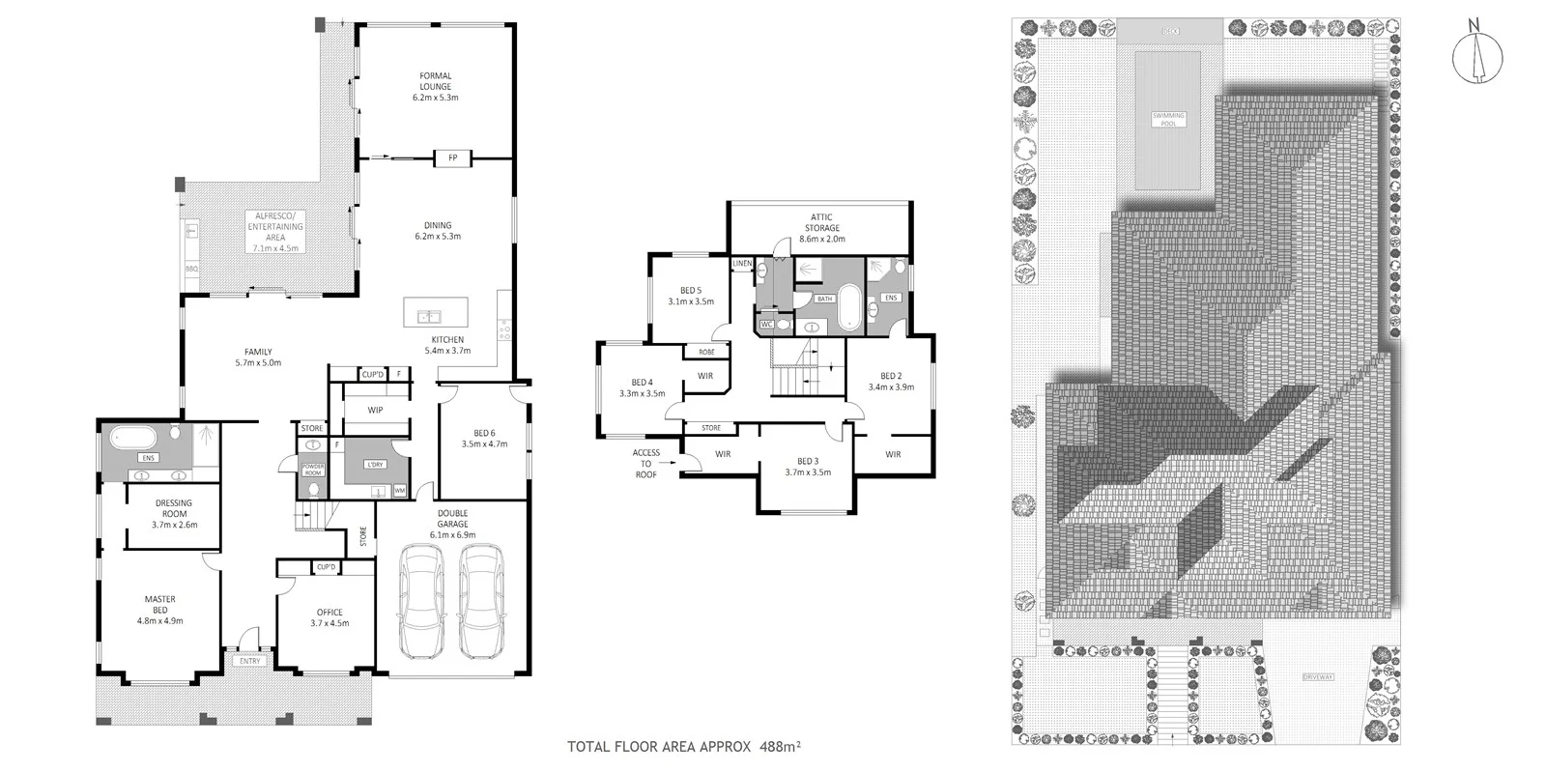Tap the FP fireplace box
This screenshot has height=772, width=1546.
click(x=451, y=157)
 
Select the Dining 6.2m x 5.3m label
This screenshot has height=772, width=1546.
click(x=437, y=230)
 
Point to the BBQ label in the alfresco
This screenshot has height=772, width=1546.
click(x=190, y=269)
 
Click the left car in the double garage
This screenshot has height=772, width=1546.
click(x=421, y=600)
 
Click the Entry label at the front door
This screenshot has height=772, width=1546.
click(x=250, y=661)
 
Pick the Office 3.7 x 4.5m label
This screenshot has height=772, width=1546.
click(x=329, y=617)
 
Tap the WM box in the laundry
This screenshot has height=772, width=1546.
click(x=399, y=491)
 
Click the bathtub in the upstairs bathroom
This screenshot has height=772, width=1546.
click(x=850, y=308)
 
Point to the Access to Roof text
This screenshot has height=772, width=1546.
click(x=645, y=464)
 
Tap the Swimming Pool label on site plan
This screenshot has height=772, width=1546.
click(x=1167, y=119)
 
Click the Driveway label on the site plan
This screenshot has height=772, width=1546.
click(x=1316, y=676)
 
